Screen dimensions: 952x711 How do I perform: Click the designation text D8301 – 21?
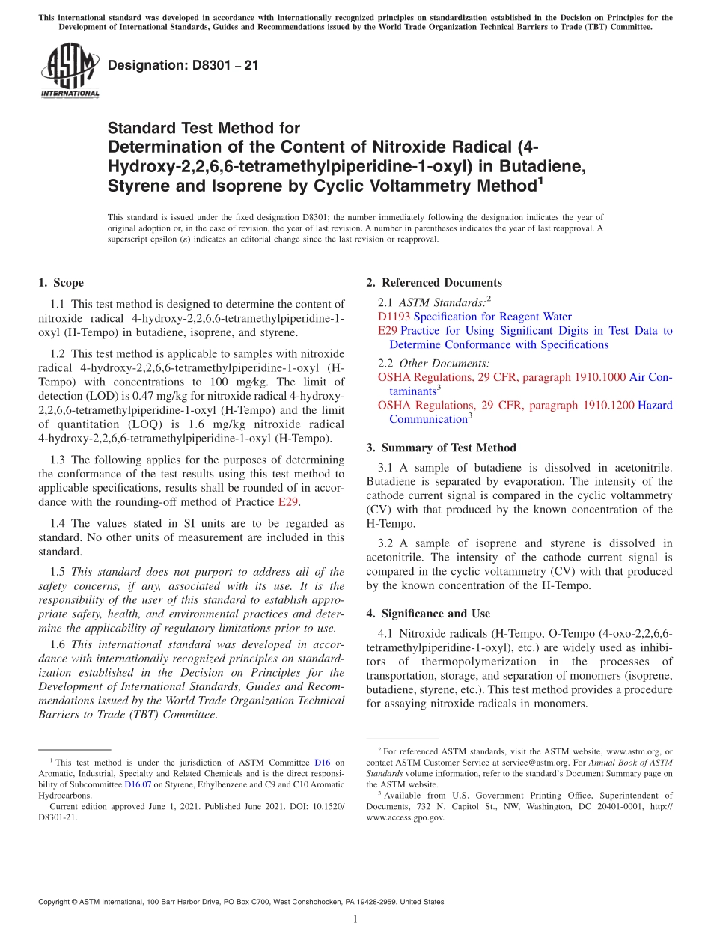click(183, 65)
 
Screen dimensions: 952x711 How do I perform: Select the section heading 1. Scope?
click(61, 283)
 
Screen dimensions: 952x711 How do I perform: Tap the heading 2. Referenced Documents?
click(434, 283)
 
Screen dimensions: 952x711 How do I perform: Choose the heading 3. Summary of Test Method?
click(441, 448)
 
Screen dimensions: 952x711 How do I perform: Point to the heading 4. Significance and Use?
click(428, 614)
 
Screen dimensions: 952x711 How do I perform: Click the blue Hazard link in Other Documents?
click(655, 406)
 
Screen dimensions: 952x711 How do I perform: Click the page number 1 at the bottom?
click(355, 919)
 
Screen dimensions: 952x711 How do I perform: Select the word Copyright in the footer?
click(55, 902)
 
